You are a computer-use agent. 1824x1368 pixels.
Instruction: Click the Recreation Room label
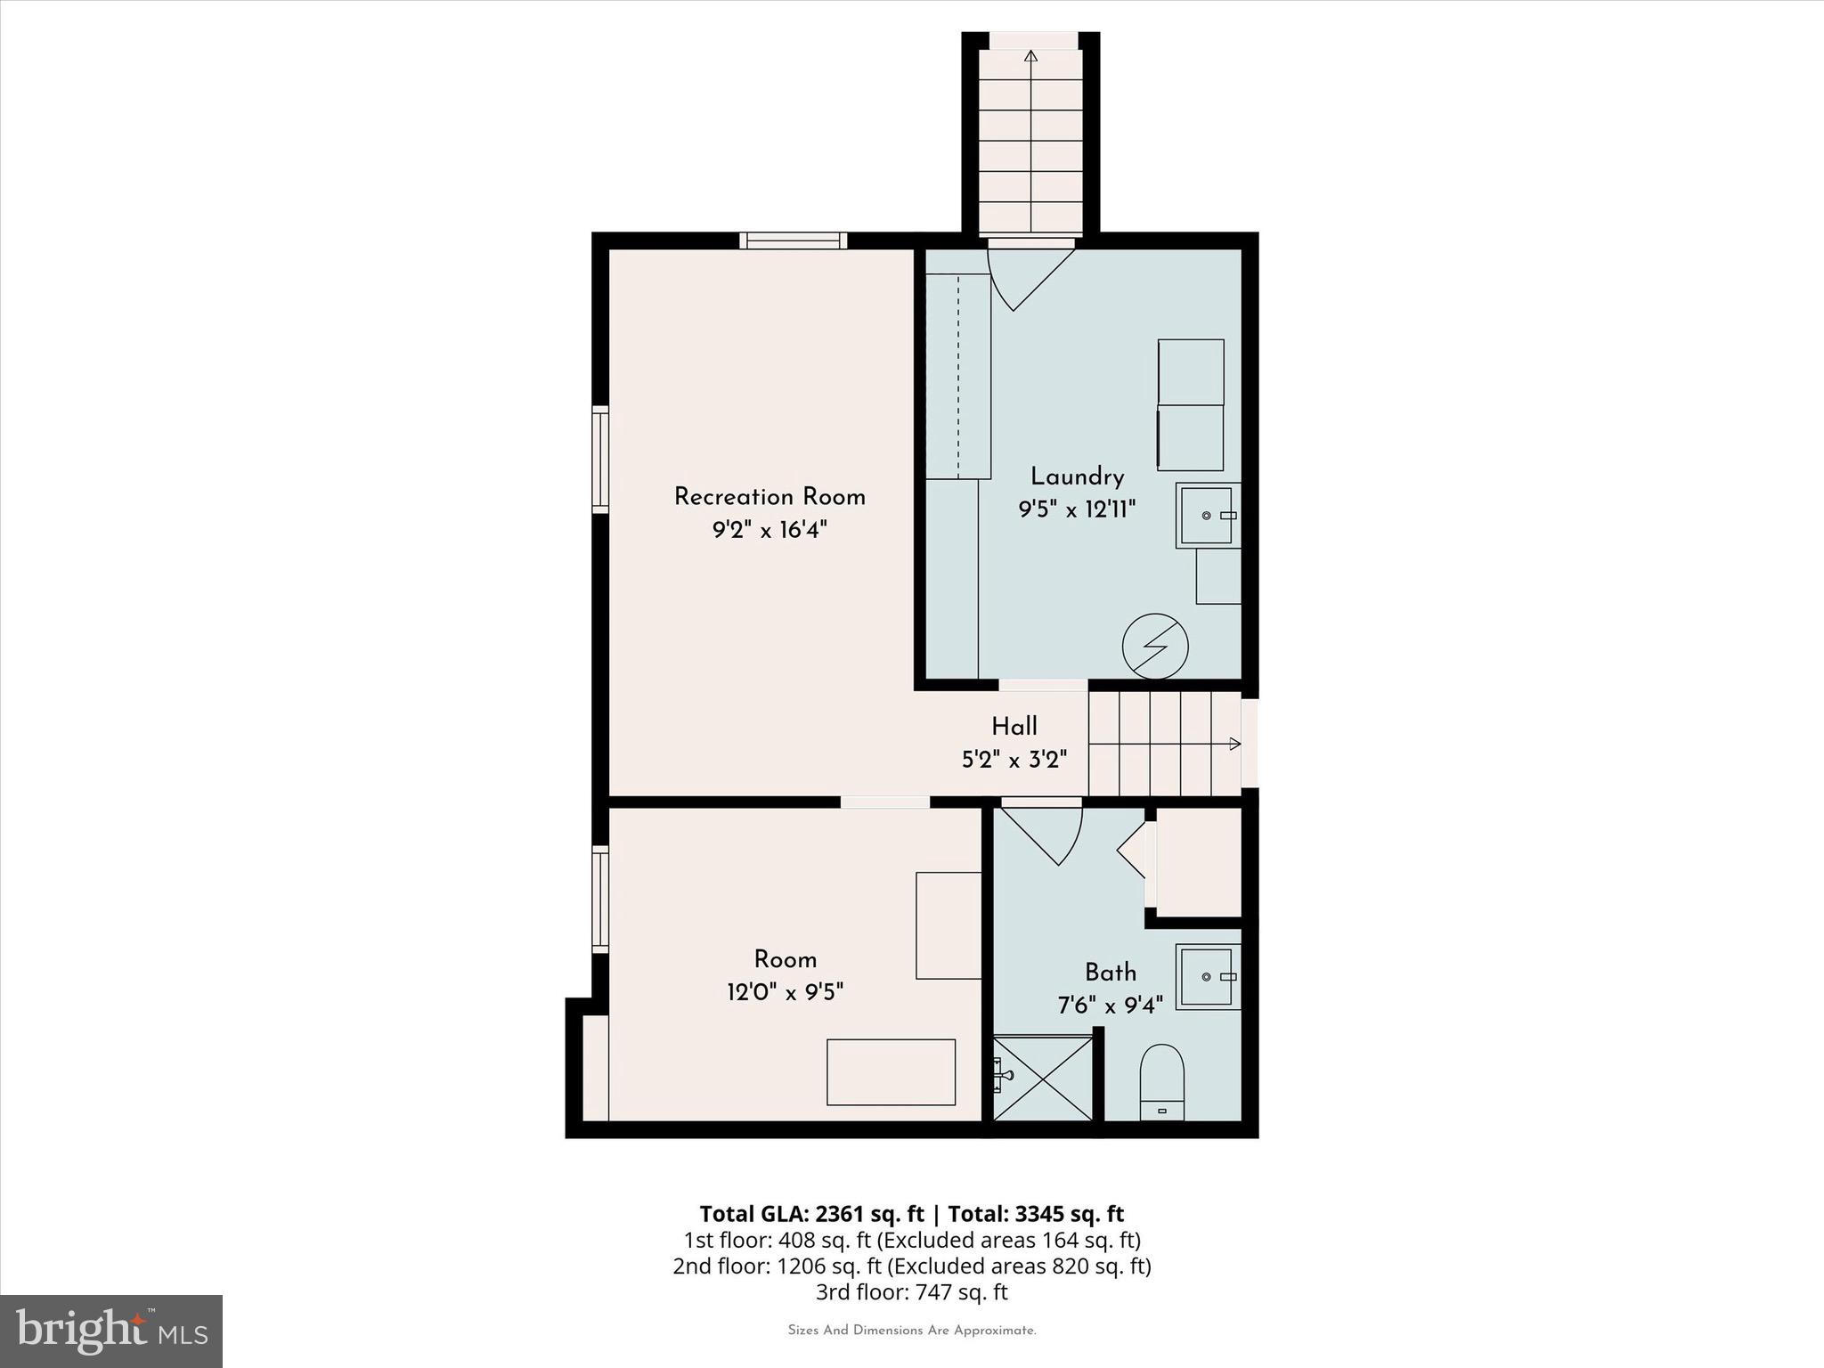769,497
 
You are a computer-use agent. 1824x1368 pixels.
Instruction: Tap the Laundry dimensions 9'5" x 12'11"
1077,509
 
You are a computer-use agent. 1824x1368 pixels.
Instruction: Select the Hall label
1014,726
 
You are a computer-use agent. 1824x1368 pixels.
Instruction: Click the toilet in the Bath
1162,1082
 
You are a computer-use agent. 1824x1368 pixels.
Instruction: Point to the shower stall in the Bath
1042,1077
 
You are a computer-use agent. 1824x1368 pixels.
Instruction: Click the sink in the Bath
1208,976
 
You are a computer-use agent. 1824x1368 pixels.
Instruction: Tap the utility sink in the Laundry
1208,515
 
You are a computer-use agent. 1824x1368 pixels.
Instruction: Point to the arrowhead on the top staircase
1031,56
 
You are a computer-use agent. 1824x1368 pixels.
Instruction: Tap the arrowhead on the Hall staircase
1235,744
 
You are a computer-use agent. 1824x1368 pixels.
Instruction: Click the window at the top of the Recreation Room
793,240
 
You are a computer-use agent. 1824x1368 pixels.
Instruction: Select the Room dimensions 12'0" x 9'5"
785,991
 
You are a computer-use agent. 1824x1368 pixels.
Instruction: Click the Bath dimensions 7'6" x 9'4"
1110,1006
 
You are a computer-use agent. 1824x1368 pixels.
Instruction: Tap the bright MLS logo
111,1331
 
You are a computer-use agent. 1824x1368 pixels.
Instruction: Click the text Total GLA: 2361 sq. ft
811,1214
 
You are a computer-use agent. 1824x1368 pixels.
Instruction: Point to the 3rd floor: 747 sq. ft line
911,1291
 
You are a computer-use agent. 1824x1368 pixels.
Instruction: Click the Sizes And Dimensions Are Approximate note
911,1331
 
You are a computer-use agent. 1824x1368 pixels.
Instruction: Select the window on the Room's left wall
601,899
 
